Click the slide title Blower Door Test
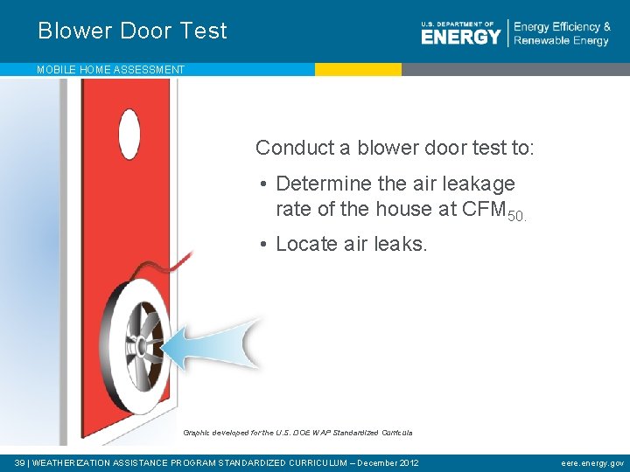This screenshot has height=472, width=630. point(132,31)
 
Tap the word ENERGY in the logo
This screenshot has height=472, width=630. point(460,37)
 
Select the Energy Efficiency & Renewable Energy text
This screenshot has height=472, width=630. point(562,33)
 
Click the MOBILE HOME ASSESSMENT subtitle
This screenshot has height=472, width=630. point(110,69)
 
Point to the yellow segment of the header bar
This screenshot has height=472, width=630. point(358,69)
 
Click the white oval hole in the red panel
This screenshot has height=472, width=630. point(129,135)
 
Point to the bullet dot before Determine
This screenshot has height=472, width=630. point(263,184)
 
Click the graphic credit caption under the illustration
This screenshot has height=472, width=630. point(297,433)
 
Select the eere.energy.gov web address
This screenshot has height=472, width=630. point(593,462)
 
